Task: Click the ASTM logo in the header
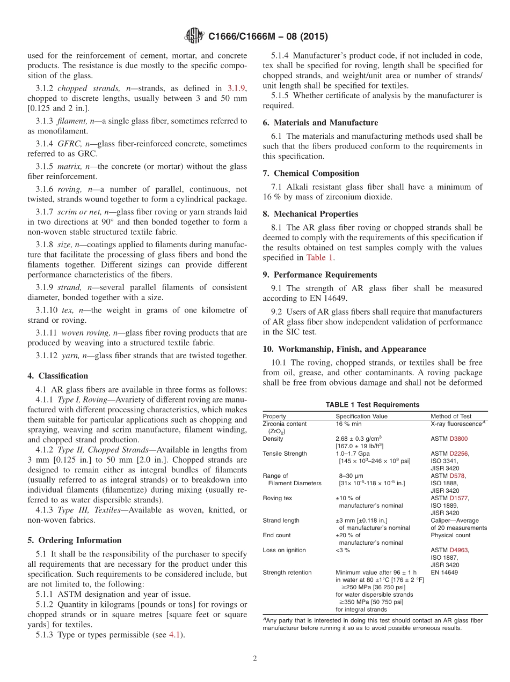194,36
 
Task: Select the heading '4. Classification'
57,376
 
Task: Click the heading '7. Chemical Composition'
311,173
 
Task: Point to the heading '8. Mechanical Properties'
310,213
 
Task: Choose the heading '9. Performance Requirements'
319,275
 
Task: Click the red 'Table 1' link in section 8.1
319,257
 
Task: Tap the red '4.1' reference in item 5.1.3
174,635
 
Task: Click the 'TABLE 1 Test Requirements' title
372,405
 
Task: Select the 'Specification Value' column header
361,416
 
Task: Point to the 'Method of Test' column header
451,416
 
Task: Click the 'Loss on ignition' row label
284,550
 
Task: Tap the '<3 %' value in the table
343,550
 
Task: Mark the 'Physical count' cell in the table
450,535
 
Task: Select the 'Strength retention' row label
287,573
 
